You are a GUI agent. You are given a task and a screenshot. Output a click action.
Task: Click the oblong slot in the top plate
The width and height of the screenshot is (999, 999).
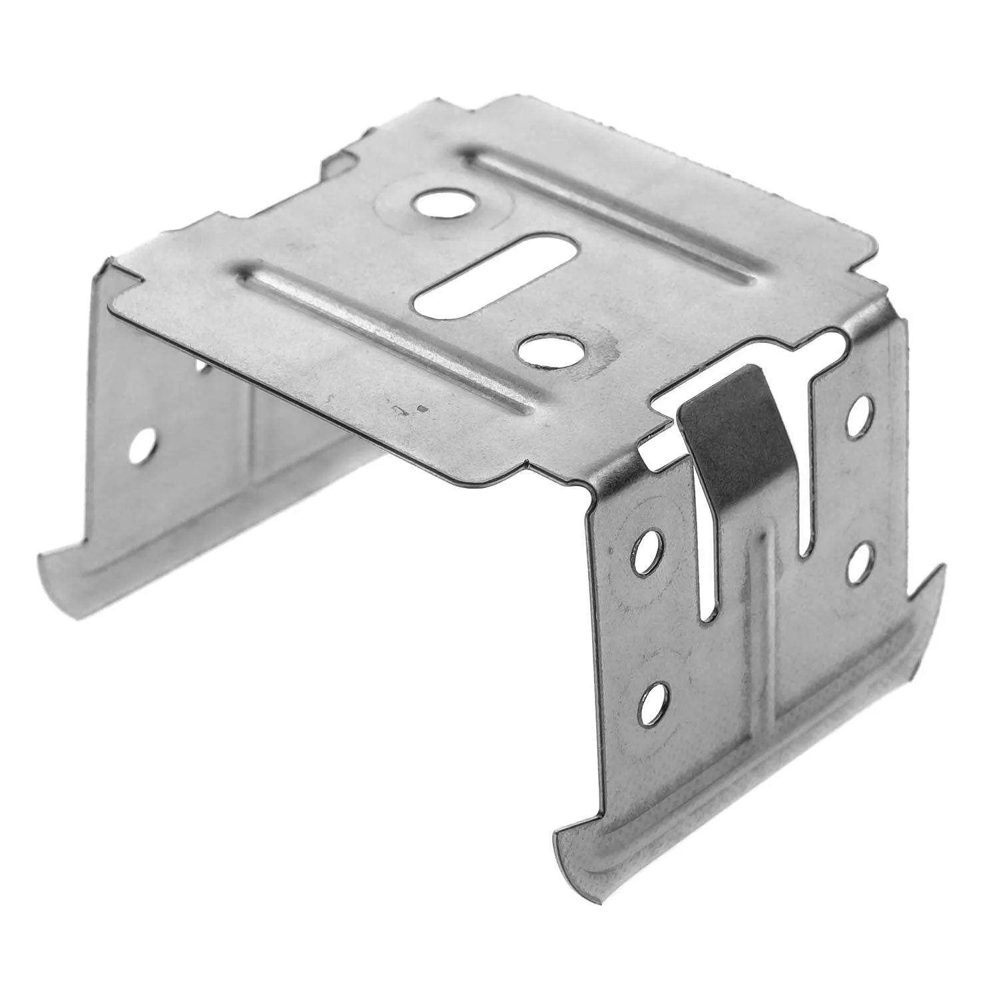click(x=496, y=274)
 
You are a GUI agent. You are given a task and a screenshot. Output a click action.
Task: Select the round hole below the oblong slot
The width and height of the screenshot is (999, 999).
click(x=551, y=350)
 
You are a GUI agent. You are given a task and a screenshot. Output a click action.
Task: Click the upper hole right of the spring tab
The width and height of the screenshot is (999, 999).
click(x=860, y=416)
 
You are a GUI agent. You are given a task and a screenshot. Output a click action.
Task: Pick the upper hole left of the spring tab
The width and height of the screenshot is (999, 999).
click(x=643, y=551)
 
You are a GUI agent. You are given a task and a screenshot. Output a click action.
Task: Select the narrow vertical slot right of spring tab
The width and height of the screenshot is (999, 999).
click(x=808, y=493)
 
